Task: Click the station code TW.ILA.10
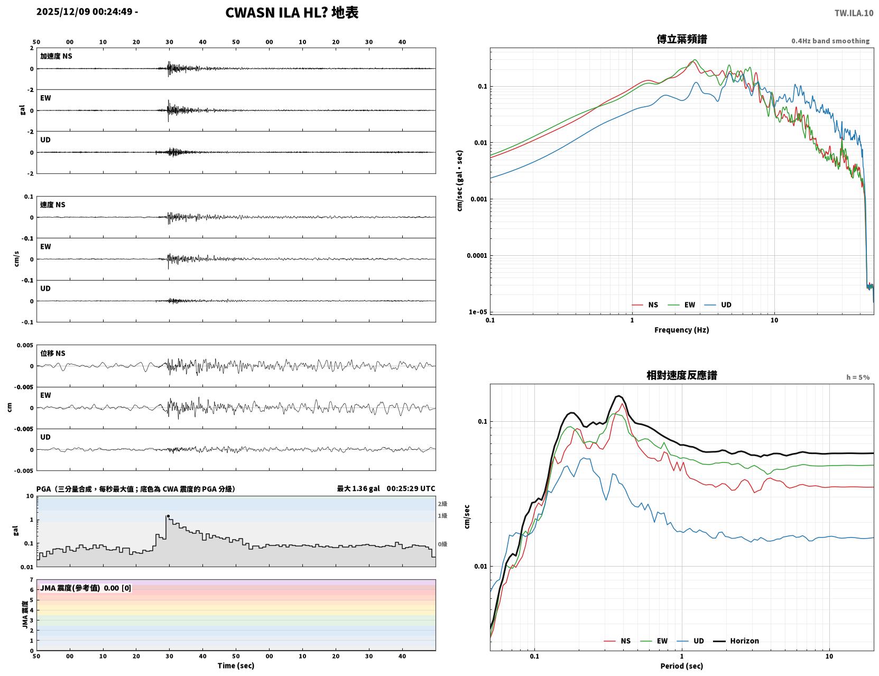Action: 854,13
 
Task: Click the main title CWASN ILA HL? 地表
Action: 291,13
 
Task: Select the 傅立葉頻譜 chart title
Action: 681,39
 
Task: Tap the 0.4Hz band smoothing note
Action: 830,41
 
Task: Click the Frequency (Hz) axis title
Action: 681,329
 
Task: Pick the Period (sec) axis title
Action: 681,665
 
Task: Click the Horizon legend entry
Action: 736,641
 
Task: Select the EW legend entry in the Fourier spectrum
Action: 682,304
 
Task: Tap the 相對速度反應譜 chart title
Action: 681,375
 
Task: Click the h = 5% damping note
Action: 857,377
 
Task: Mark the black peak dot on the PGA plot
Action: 168,516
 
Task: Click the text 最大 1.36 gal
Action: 358,488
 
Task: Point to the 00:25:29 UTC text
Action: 411,488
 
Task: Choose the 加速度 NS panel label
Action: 56,56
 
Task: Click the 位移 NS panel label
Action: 52,353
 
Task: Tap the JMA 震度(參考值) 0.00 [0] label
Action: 85,587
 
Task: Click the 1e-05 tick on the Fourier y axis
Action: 478,312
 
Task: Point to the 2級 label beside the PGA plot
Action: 442,503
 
